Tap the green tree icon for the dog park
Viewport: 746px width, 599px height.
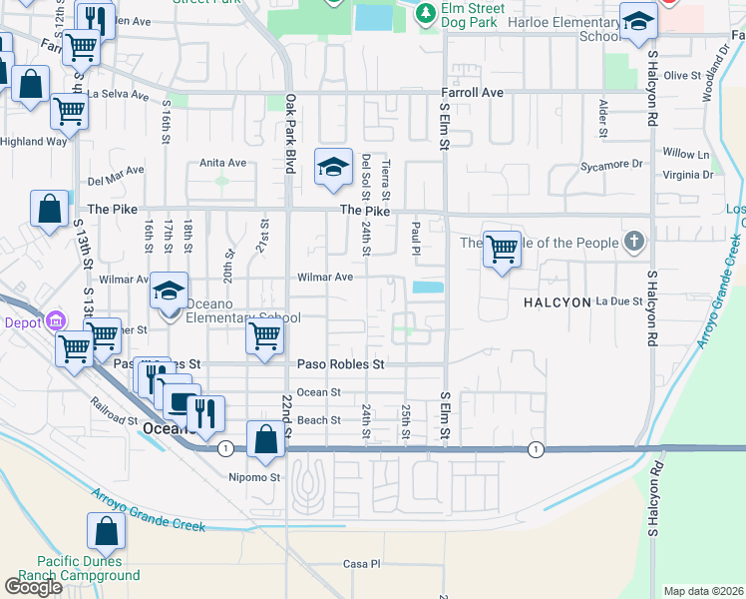(426, 13)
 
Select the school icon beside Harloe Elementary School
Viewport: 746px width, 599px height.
(638, 24)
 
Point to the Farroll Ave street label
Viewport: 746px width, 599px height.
(472, 92)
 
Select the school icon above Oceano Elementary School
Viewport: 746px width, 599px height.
(170, 293)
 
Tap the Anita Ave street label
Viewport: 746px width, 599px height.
(222, 163)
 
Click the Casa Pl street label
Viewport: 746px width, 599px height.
(362, 564)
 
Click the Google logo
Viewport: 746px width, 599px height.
(33, 587)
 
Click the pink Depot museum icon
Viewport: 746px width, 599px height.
(54, 321)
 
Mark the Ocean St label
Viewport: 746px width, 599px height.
(319, 392)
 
